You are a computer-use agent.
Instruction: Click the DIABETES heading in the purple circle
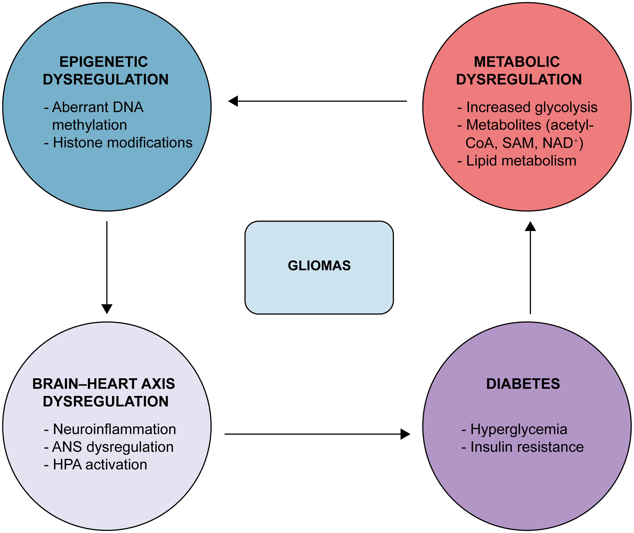(x=523, y=384)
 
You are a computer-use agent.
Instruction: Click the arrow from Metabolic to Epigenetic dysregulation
(x=317, y=101)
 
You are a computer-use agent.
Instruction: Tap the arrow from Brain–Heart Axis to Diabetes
(x=317, y=434)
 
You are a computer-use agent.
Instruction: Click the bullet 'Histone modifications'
(x=122, y=143)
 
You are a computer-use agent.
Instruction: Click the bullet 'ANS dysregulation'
(x=113, y=447)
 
